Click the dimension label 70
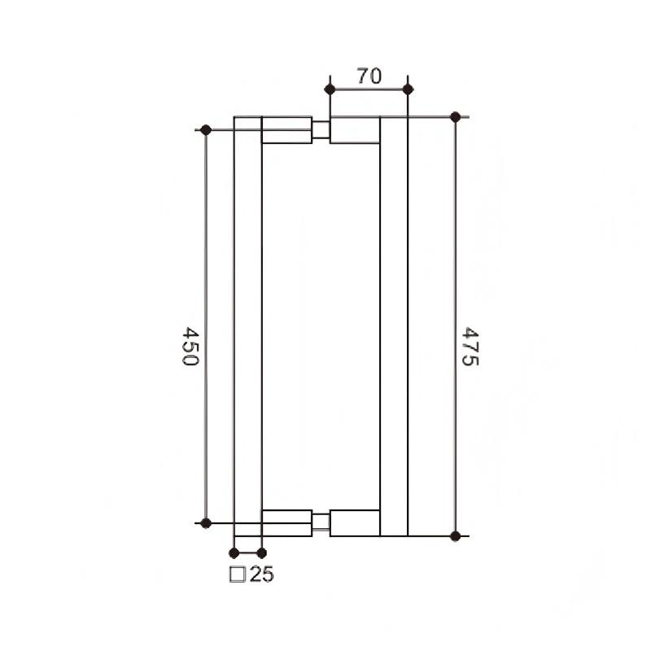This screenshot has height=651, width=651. pos(369,76)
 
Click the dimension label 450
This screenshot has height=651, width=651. pos(190,347)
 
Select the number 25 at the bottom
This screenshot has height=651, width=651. pos(262,575)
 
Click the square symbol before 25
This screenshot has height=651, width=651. pos(239,575)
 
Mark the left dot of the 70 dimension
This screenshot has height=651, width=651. pos(330,89)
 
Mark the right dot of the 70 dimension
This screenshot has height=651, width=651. pos(409,89)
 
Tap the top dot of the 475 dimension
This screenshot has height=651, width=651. pos(455,116)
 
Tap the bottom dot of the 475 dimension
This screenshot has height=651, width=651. pos(455,535)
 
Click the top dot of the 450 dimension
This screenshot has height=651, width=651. pos(206,129)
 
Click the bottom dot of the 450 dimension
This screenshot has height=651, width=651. pos(206,522)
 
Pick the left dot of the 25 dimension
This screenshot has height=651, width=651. pos(234,553)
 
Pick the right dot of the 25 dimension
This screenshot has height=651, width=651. pos(262,553)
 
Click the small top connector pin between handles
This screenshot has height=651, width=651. pos(321,130)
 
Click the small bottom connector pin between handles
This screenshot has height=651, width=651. pos(321,522)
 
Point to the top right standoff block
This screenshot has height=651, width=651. pos(355,130)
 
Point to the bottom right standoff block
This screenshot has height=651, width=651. pos(355,522)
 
